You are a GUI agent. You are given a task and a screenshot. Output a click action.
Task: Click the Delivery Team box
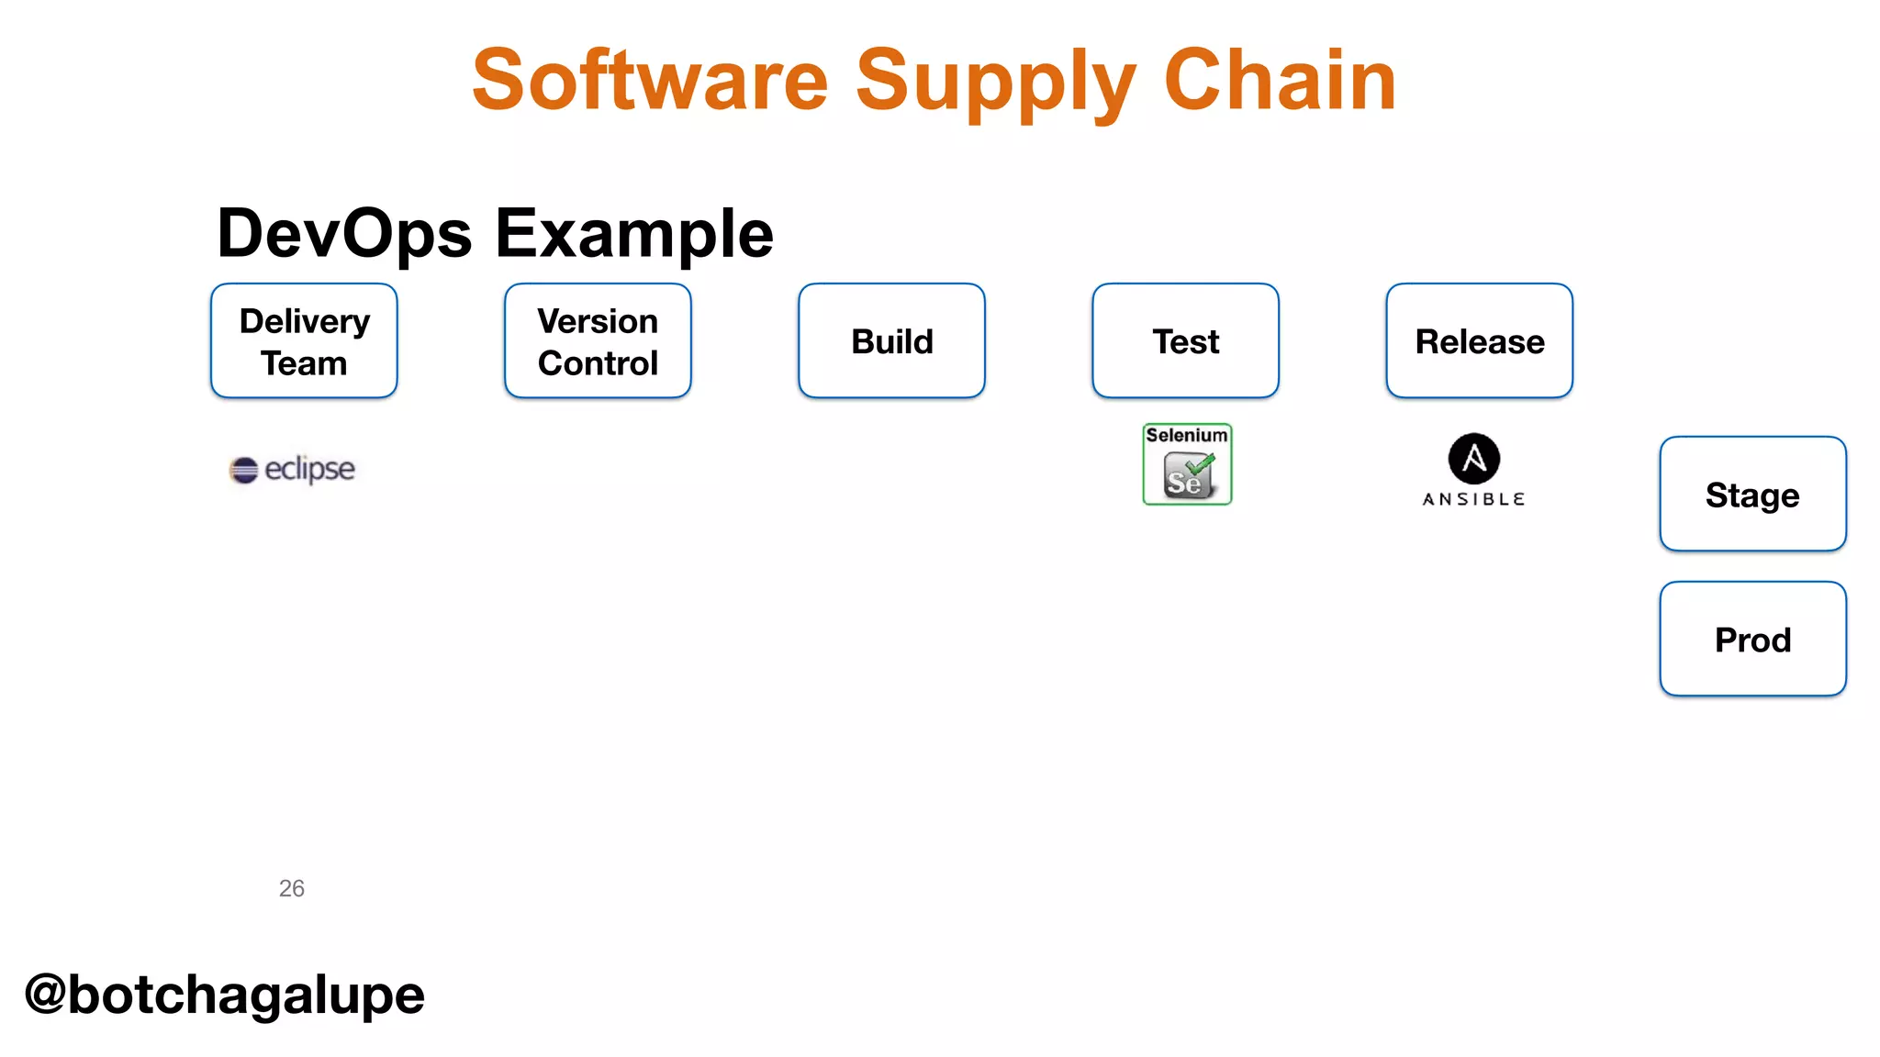(304, 341)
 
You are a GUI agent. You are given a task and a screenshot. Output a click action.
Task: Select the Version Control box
(598, 341)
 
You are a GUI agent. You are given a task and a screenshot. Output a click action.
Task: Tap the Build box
(891, 341)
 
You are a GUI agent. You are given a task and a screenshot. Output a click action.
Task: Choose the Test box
(1185, 341)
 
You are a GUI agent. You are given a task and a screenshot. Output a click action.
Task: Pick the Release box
(1479, 341)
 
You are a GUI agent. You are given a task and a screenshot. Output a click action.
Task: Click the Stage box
(1752, 495)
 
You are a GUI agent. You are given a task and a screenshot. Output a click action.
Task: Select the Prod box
(1752, 640)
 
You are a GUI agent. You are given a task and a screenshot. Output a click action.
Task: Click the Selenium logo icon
(1187, 464)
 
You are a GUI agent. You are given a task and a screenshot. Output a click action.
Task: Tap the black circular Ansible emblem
(1473, 459)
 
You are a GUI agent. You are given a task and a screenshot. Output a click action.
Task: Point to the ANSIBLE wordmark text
(1473, 499)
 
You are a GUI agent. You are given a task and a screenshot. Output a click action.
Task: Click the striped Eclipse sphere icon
(243, 470)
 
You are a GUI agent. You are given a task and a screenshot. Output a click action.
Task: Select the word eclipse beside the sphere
(309, 469)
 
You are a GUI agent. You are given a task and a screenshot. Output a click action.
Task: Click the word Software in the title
(650, 81)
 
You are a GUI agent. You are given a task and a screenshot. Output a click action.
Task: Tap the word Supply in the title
(996, 81)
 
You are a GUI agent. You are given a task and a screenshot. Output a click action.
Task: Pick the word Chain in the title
(1280, 81)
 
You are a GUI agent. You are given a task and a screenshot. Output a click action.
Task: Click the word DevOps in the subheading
(344, 234)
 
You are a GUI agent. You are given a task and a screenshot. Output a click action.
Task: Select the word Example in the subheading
(634, 234)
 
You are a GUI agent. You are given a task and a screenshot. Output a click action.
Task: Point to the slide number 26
(291, 888)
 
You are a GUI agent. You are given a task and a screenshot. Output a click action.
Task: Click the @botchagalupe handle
(224, 995)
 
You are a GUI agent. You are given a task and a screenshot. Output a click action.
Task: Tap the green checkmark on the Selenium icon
(1201, 464)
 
